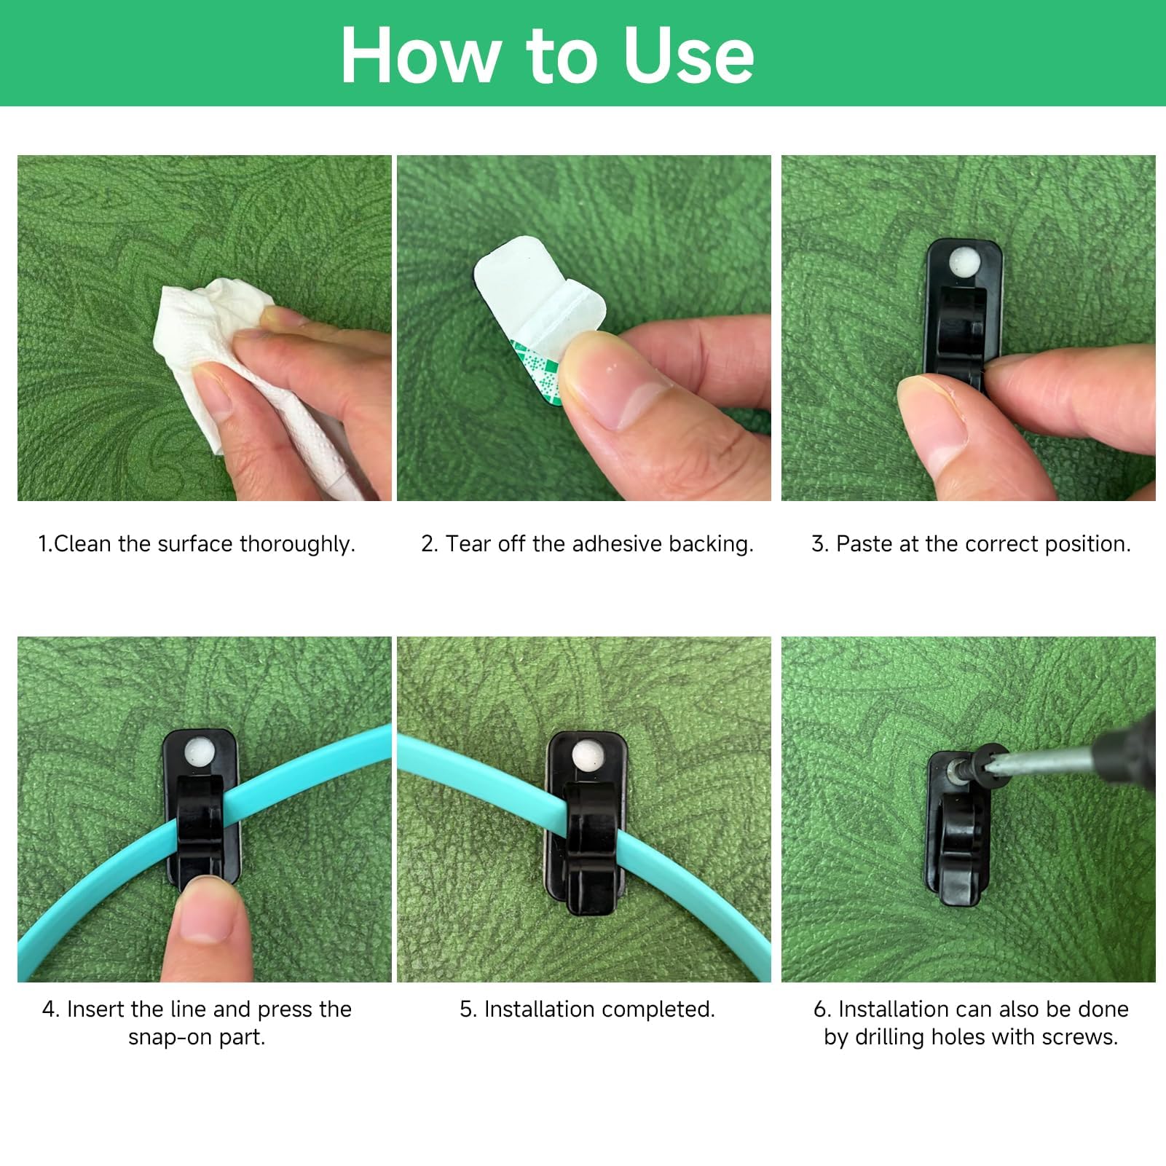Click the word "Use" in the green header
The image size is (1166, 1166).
point(688,56)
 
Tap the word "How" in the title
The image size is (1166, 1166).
point(422,56)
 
